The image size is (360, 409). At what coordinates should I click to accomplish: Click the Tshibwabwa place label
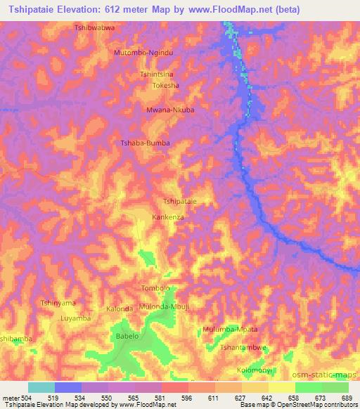pyautogui.click(x=94, y=27)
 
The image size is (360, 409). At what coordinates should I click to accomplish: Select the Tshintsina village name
pyautogui.click(x=156, y=74)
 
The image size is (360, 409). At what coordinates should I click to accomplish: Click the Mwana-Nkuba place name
pyautogui.click(x=169, y=110)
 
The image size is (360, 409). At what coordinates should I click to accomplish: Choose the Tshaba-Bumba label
pyautogui.click(x=146, y=143)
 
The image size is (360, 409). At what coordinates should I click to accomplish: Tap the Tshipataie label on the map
pyautogui.click(x=179, y=201)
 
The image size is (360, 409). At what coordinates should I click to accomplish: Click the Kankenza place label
pyautogui.click(x=168, y=218)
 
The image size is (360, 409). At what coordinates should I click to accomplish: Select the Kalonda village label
pyautogui.click(x=120, y=309)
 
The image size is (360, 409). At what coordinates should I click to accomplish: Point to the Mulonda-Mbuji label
pyautogui.click(x=165, y=307)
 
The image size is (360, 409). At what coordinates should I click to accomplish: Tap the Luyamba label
pyautogui.click(x=76, y=318)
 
